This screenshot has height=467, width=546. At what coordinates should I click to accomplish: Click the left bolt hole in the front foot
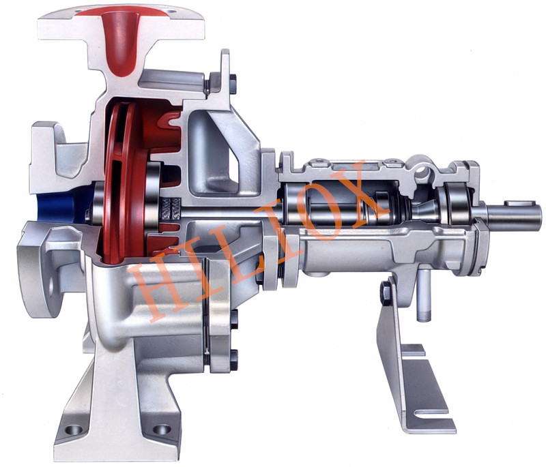coord(74,430)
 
